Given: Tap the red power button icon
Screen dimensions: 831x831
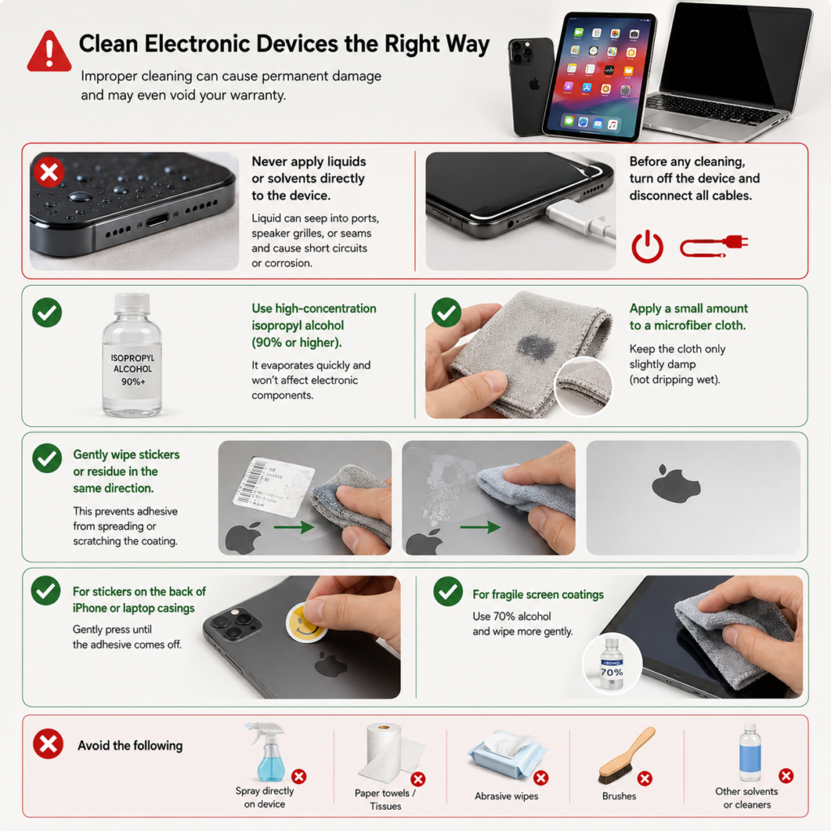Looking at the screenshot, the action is click(647, 247).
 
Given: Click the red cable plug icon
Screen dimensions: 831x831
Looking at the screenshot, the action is click(714, 245).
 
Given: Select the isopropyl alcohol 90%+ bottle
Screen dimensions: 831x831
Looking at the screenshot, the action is click(132, 355).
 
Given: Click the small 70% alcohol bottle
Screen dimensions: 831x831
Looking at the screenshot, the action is click(612, 664).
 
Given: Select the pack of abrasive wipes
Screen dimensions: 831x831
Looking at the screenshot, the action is click(506, 755).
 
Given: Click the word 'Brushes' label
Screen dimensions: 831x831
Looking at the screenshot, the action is click(619, 796).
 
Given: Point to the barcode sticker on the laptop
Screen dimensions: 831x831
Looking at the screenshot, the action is click(273, 484).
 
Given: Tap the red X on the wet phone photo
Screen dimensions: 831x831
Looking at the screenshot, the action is click(49, 172).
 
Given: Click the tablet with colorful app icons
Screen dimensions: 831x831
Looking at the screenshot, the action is click(600, 76).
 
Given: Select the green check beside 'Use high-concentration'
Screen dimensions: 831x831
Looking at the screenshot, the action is click(47, 312).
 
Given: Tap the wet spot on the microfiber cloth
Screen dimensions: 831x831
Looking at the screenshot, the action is click(536, 347).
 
